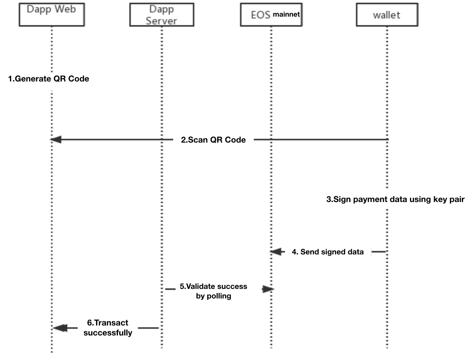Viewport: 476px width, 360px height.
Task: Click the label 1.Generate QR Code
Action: pyautogui.click(x=49, y=79)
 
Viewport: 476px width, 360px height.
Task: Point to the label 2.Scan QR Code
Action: pyautogui.click(x=213, y=140)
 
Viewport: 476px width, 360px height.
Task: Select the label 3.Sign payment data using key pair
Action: pyautogui.click(x=395, y=199)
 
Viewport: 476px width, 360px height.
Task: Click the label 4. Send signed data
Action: pyautogui.click(x=328, y=252)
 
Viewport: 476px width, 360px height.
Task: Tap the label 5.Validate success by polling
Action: pyautogui.click(x=213, y=291)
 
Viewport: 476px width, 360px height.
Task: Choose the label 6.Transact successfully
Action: pyautogui.click(x=108, y=328)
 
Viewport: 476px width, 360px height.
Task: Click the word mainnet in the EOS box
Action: pyautogui.click(x=286, y=14)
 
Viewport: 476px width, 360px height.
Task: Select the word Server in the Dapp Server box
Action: pyautogui.click(x=162, y=21)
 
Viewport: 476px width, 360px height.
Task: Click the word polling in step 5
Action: pyautogui.click(x=219, y=296)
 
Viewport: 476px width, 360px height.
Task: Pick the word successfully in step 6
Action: pyautogui.click(x=108, y=333)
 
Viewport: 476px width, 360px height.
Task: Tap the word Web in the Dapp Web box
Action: pyautogui.click(x=66, y=9)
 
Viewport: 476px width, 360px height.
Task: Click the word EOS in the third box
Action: pyautogui.click(x=260, y=15)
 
